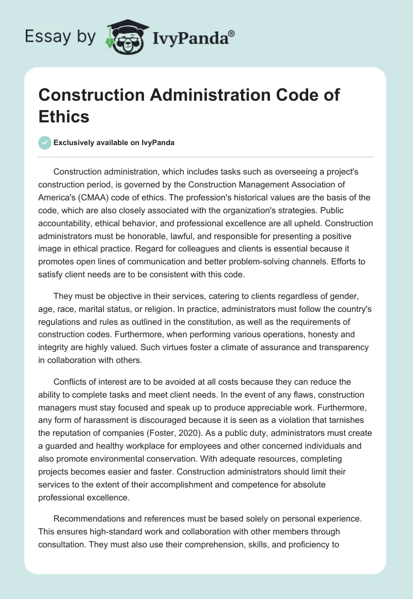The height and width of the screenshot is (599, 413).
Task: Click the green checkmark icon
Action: (45, 143)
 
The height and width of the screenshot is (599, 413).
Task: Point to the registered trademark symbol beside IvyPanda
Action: (232, 33)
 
